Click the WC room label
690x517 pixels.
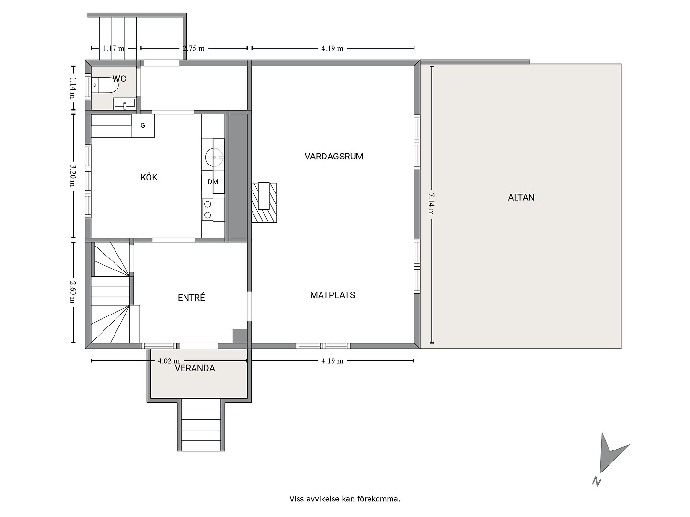(x=119, y=79)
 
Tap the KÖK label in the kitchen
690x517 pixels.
(x=149, y=177)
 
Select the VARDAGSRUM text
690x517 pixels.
(x=334, y=157)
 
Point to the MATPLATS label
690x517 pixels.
(x=333, y=295)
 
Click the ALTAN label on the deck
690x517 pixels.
(x=521, y=197)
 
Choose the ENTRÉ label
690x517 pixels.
(x=191, y=297)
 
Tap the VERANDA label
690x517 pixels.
(x=195, y=368)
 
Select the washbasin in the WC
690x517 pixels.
(x=124, y=103)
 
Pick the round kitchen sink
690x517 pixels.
(x=214, y=157)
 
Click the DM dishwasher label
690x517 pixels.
(x=213, y=182)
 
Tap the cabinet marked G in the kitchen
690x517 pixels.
(x=143, y=126)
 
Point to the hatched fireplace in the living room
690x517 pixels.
(x=264, y=203)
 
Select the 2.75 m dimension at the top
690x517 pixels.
(x=194, y=49)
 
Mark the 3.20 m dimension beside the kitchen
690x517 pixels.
(x=73, y=175)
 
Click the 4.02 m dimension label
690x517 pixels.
(x=169, y=361)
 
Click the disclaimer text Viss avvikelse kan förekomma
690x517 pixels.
(x=345, y=499)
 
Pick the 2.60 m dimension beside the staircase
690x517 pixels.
(x=73, y=292)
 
